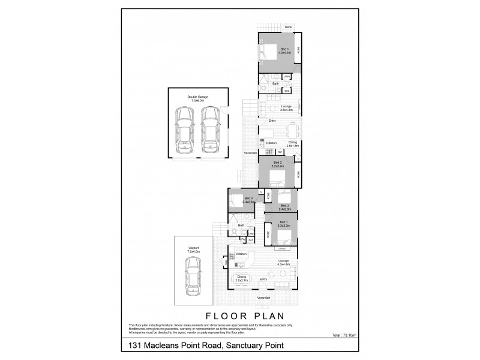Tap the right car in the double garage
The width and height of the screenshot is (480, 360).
209,130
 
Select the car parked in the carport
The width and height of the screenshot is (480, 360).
193,278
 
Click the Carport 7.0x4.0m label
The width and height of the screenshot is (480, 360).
193,249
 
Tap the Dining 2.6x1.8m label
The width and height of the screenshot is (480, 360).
292,143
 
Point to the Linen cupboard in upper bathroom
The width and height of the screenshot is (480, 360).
287,77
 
